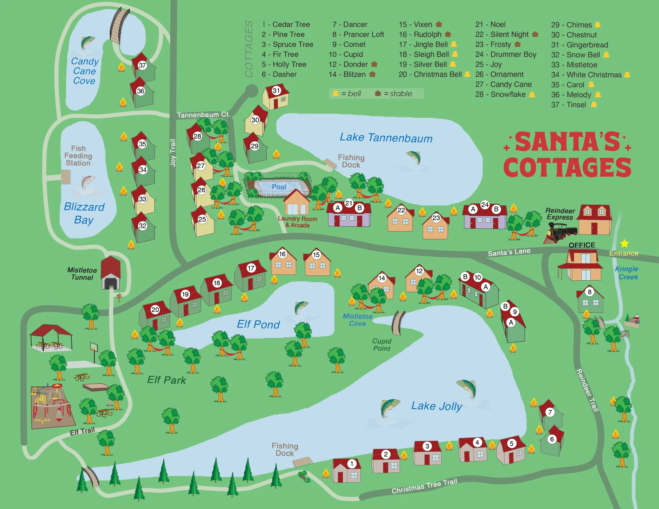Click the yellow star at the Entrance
(x=624, y=243)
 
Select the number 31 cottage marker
(x=277, y=90)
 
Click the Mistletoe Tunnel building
(x=110, y=273)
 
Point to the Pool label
(x=279, y=187)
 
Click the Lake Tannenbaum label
(x=386, y=138)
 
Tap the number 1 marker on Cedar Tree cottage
(x=352, y=464)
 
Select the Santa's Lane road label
(x=509, y=252)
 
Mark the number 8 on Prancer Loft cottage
(x=589, y=292)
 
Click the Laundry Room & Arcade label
(x=298, y=222)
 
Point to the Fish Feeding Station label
(x=78, y=156)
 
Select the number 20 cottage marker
(x=155, y=310)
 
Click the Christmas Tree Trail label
(x=424, y=486)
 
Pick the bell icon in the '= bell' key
(x=336, y=93)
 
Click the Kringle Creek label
(x=627, y=273)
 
